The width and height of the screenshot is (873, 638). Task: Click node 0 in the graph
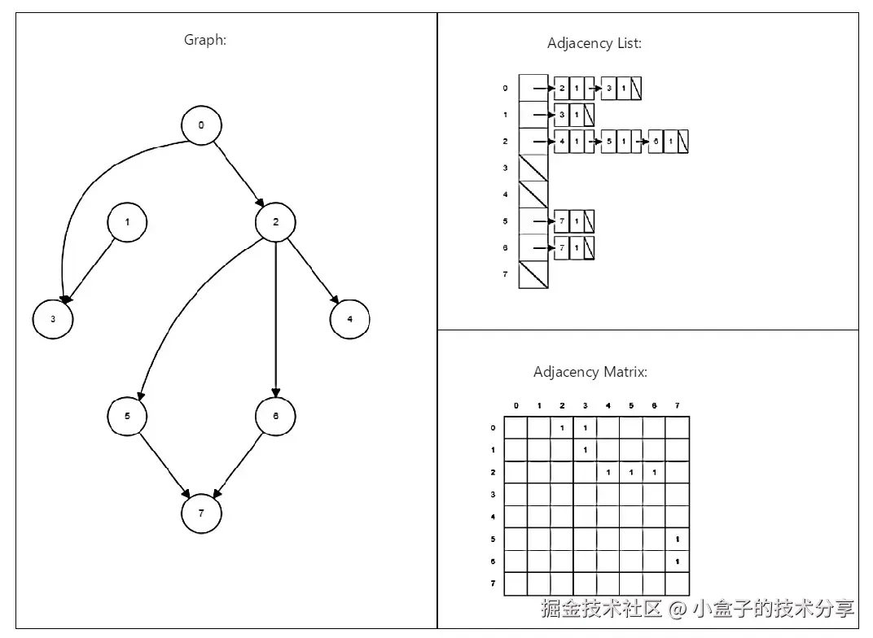201,125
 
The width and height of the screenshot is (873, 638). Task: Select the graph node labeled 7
201,513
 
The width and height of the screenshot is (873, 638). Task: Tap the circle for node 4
350,319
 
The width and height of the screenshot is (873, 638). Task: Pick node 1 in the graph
128,221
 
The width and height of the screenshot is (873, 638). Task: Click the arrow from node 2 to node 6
276,317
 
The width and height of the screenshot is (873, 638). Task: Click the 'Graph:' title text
205,39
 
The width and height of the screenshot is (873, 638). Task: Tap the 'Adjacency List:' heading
594,43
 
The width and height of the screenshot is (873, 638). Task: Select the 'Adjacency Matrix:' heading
590,372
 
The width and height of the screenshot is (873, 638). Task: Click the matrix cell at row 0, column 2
562,427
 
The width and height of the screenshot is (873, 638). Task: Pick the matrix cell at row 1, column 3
585,449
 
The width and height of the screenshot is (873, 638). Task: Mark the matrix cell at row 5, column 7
678,539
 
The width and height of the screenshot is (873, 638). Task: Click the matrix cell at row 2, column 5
631,472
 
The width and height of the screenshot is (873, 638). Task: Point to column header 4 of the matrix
608,405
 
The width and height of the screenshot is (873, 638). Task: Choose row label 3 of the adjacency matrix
493,494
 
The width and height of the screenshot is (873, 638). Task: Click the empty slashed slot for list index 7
533,274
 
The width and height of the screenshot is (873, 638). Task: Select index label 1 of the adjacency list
505,115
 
